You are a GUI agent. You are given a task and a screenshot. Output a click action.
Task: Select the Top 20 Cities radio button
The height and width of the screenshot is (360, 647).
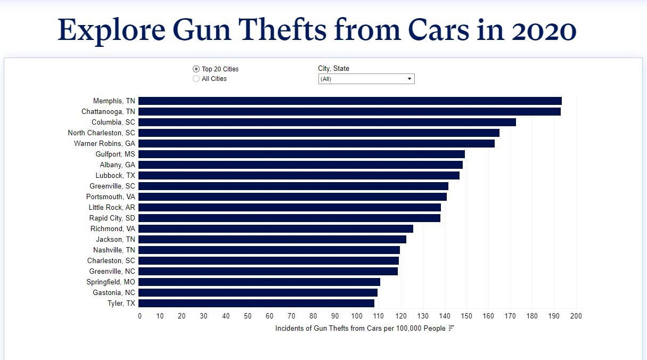(x=196, y=69)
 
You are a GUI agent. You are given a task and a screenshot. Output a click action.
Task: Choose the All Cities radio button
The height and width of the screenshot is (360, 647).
(x=196, y=79)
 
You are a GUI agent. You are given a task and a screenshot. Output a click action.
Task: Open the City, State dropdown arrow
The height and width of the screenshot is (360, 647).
(x=410, y=79)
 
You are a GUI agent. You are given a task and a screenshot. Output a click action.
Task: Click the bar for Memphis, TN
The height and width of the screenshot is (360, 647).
(x=350, y=101)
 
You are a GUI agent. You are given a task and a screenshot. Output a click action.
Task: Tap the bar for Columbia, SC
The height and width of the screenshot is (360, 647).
(x=327, y=122)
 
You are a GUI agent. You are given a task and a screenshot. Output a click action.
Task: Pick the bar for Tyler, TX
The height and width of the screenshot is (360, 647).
(x=256, y=304)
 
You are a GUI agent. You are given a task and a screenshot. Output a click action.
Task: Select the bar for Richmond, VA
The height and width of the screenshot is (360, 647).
(x=276, y=229)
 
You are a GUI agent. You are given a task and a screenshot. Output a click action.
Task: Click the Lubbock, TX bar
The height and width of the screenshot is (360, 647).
(x=299, y=176)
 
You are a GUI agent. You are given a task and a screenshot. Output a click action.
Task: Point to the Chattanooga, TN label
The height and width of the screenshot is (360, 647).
(x=108, y=112)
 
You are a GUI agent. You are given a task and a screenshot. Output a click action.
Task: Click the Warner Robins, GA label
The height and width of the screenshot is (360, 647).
(x=104, y=144)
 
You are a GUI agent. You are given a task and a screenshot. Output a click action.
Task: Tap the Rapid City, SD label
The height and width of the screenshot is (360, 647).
(x=112, y=218)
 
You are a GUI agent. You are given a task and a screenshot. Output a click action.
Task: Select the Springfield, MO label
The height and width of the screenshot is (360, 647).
(x=111, y=282)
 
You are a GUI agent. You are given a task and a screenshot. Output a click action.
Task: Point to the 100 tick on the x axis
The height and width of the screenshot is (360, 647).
(x=357, y=316)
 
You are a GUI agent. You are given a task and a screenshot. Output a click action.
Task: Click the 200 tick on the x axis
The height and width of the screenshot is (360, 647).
(x=576, y=316)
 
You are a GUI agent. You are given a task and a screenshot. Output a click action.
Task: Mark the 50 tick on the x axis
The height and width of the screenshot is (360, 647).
(x=248, y=316)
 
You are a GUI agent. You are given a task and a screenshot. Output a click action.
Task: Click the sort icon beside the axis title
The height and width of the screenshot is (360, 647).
(x=452, y=328)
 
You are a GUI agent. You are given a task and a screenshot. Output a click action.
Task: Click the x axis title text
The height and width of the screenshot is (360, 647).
(x=360, y=329)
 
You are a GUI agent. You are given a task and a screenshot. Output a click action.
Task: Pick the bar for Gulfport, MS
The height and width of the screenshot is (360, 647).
(x=301, y=154)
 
